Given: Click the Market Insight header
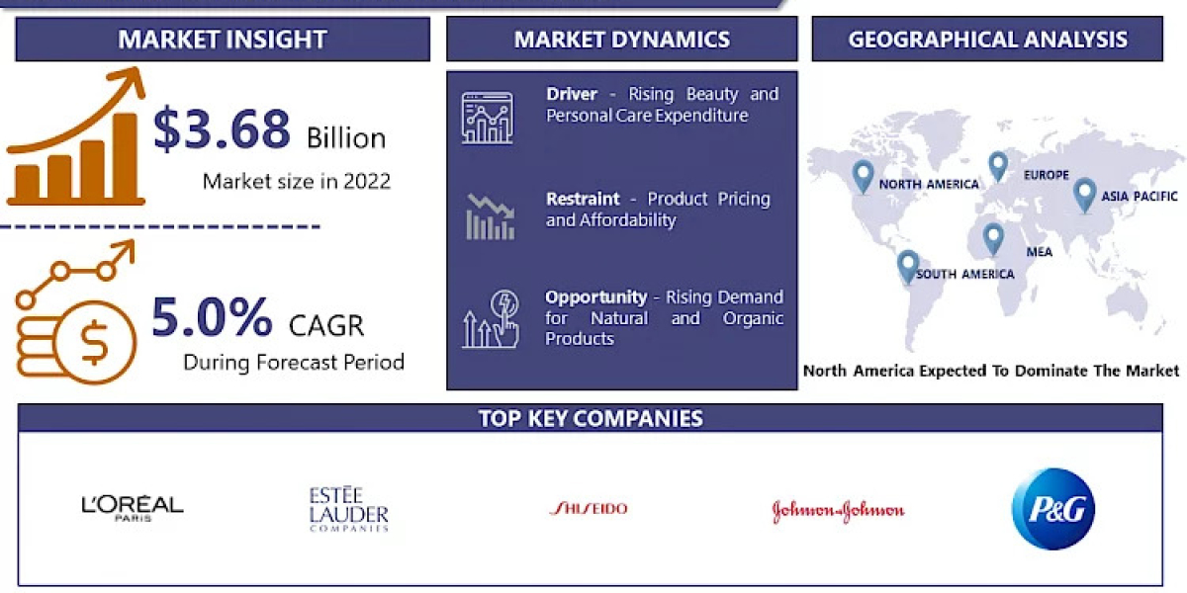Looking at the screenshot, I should [x=223, y=40].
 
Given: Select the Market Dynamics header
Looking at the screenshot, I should [x=621, y=40].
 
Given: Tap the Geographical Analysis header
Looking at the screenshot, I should [x=987, y=40].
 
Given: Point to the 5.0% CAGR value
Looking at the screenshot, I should [x=212, y=318].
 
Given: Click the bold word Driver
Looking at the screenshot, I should [x=572, y=94].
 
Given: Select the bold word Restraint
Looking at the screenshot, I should [x=583, y=199].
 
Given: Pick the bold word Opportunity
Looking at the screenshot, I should [x=595, y=296].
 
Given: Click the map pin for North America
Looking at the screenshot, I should [x=864, y=177].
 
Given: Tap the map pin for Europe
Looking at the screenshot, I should [x=997, y=166].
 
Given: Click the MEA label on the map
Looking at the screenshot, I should [x=1039, y=252].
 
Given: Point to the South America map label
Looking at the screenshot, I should [x=964, y=274].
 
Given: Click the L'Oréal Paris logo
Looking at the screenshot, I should [x=132, y=508].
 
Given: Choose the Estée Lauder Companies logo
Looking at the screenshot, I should [x=348, y=509].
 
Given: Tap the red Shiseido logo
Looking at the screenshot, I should [x=588, y=509].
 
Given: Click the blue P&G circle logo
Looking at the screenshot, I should [x=1052, y=509].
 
